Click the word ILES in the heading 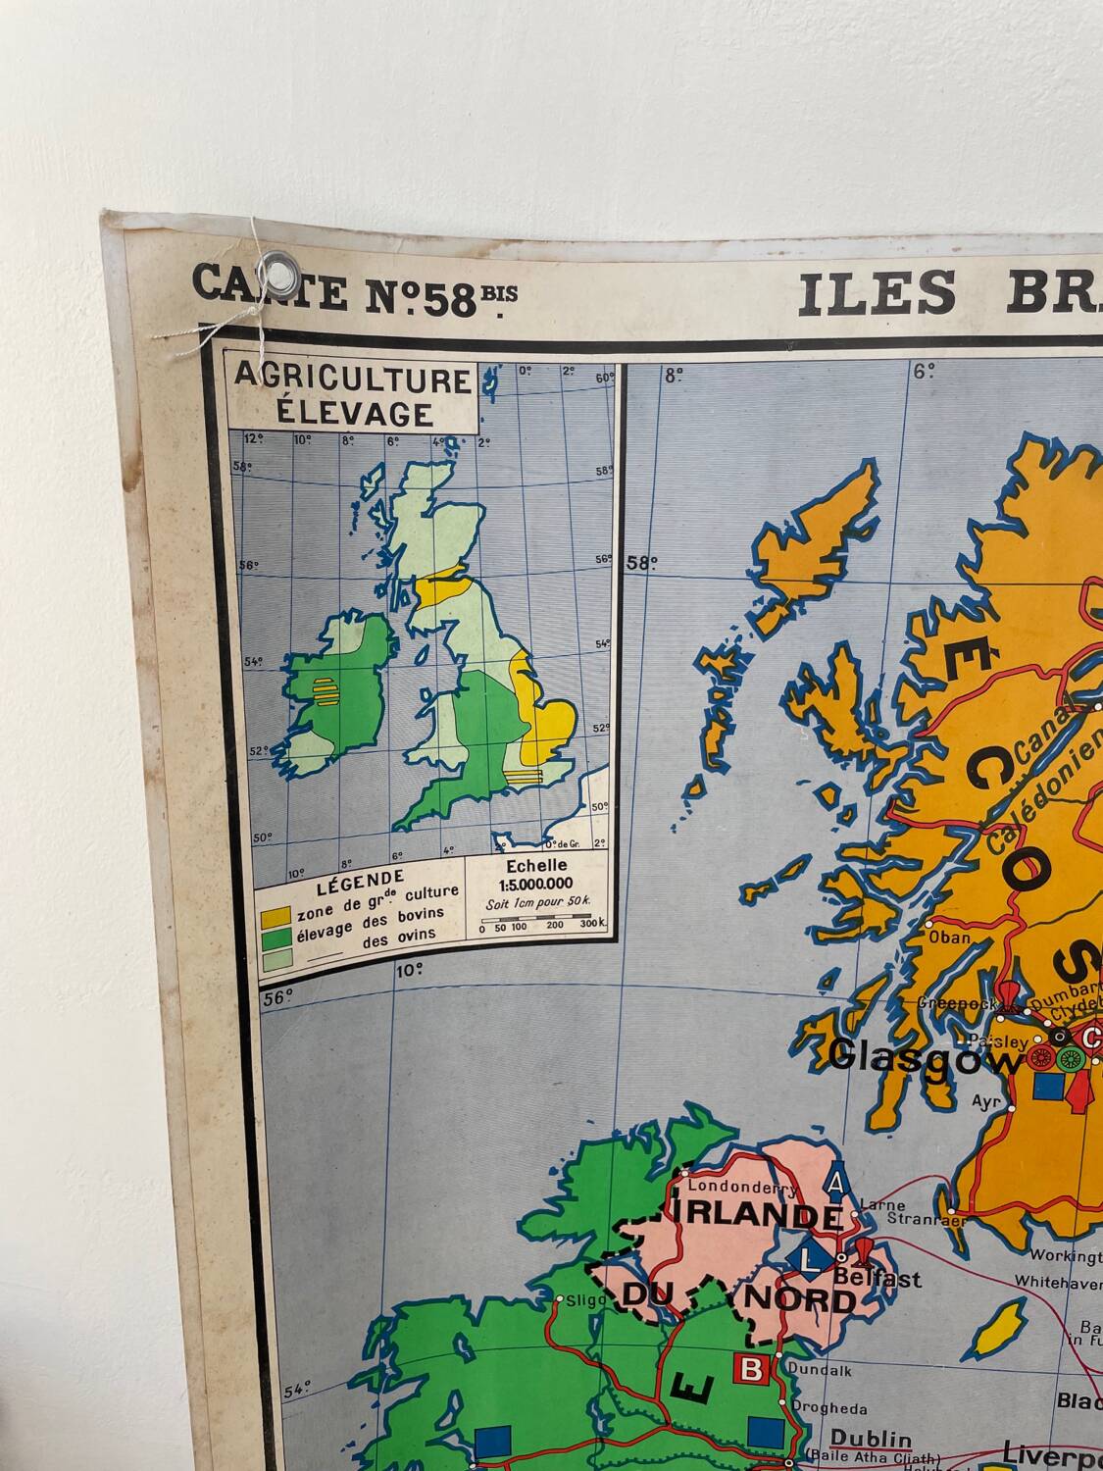pos(876,293)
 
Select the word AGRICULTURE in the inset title pos(352,380)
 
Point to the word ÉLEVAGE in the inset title pos(354,413)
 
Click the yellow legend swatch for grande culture pos(274,919)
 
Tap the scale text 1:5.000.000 pos(536,883)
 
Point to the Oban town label pos(950,937)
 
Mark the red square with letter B pos(750,1369)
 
